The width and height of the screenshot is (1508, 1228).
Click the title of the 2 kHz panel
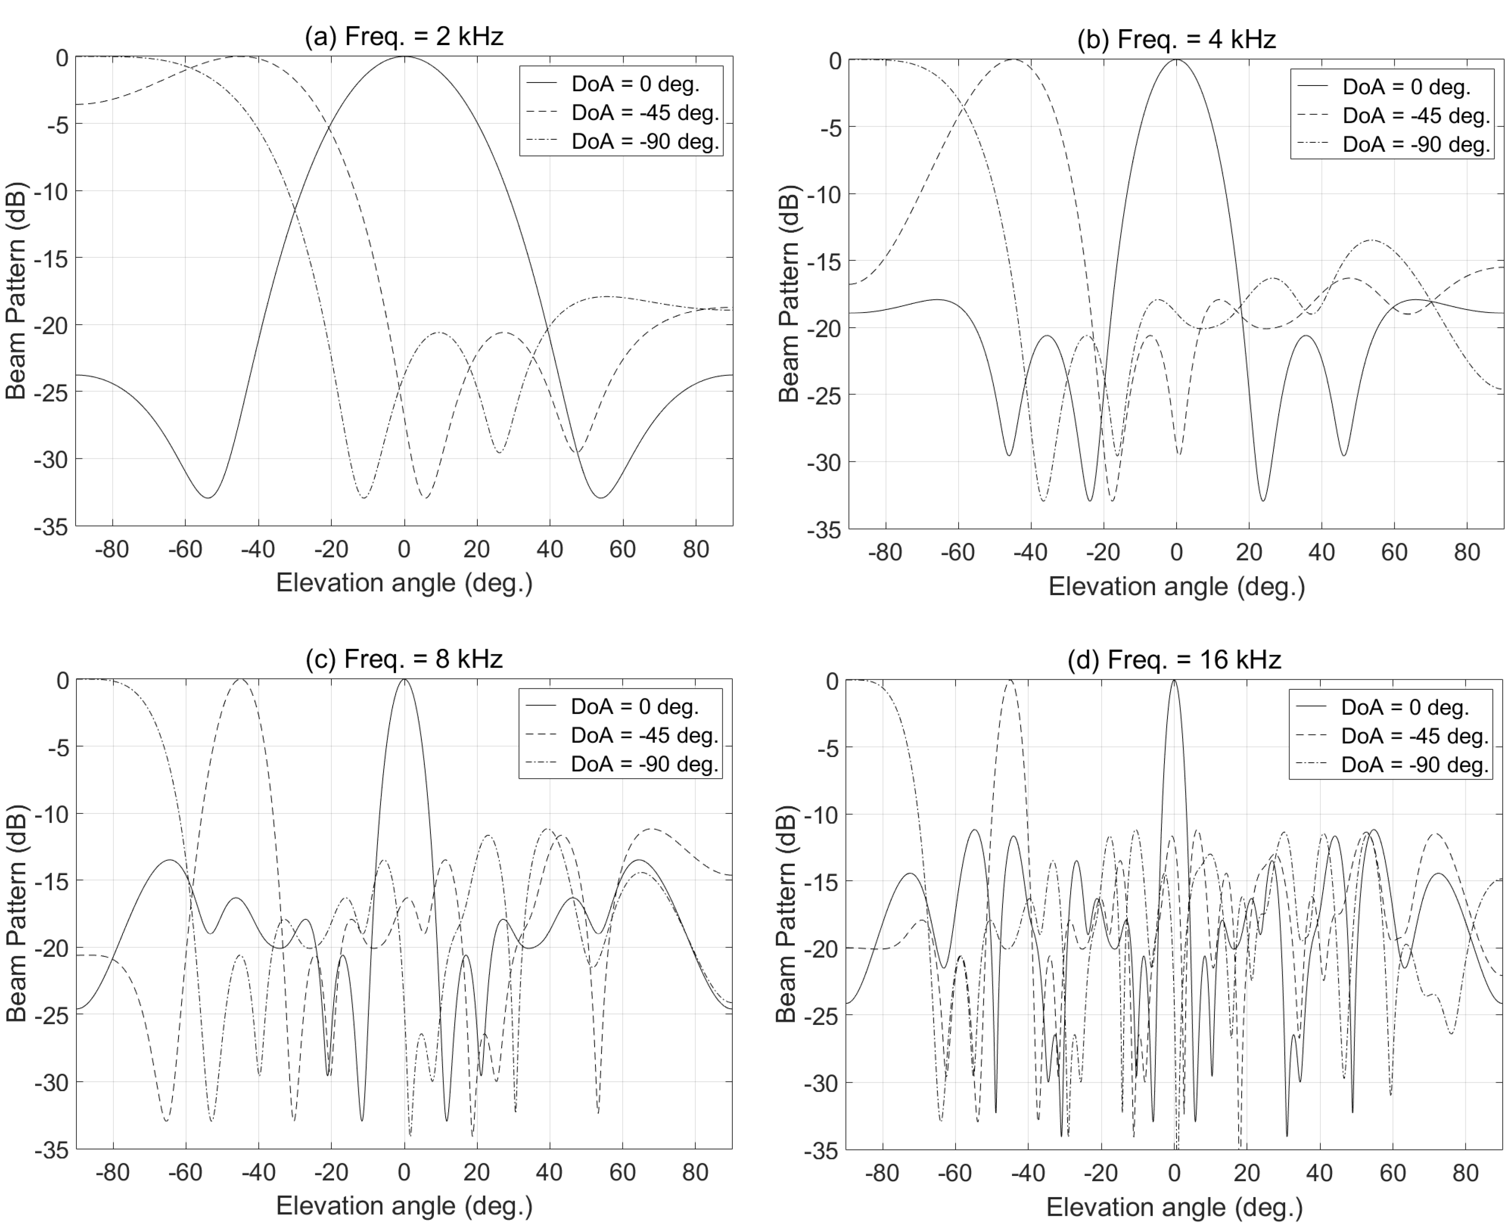coord(403,35)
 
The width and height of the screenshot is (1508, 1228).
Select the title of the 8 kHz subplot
coord(403,658)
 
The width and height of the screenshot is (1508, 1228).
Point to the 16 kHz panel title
coord(1174,659)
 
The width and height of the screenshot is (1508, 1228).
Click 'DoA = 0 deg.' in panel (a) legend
coord(635,84)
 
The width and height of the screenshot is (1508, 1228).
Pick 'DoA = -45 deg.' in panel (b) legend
coord(1416,115)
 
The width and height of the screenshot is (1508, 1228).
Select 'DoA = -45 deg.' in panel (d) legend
coord(1415,736)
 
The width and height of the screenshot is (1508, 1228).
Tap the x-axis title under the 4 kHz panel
coord(1176,586)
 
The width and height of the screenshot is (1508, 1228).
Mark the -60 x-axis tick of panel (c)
coord(185,1172)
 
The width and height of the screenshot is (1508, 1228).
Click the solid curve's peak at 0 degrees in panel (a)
coord(404,56)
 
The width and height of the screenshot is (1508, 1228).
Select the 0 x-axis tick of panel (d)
coord(1174,1174)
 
